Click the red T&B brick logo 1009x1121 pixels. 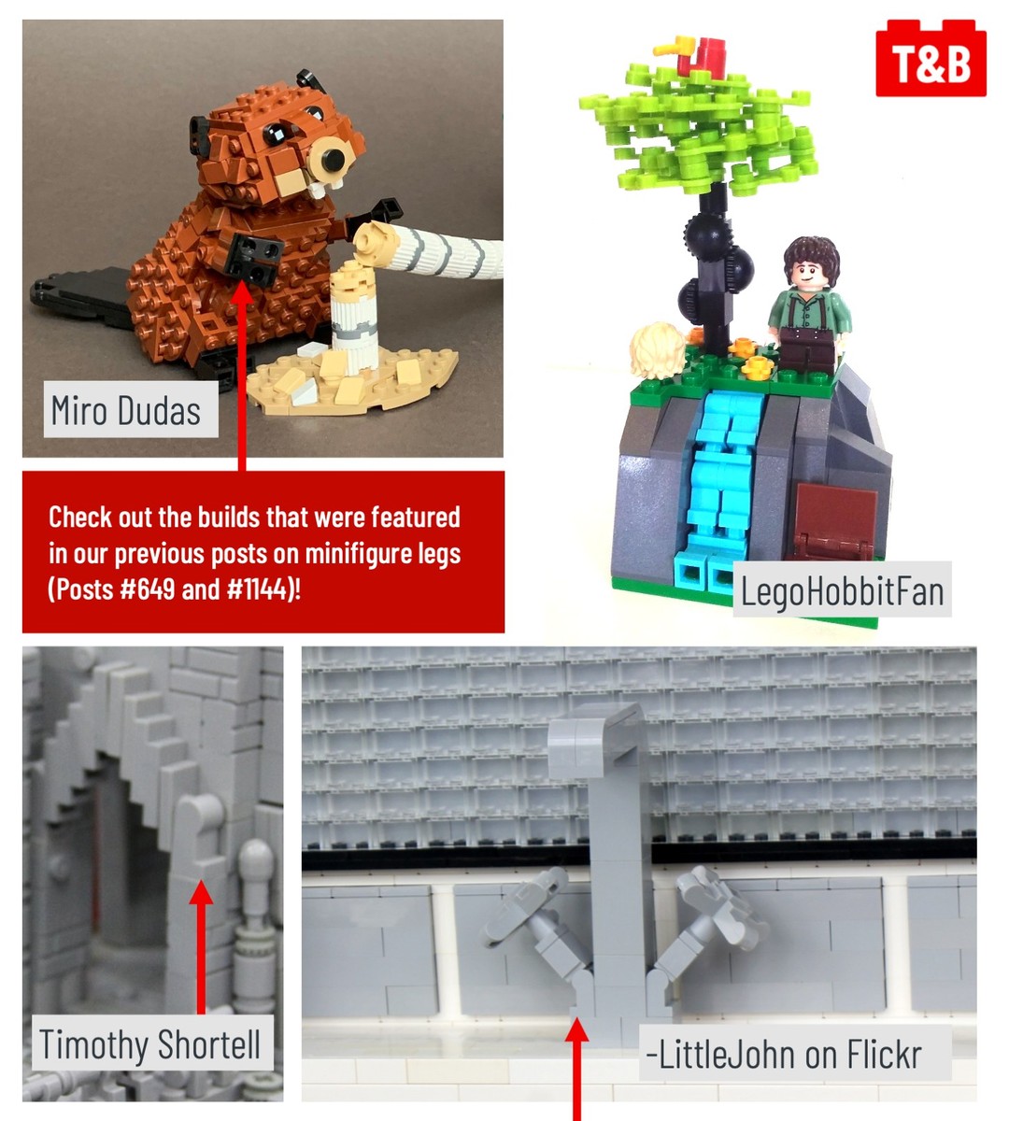[931, 58]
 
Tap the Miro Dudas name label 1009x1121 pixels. [130, 409]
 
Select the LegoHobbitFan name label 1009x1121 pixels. [842, 589]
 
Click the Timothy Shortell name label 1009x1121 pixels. [149, 1043]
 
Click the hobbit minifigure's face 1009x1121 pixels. [805, 275]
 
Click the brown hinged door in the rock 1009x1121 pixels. [833, 522]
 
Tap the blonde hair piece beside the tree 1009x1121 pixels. [658, 349]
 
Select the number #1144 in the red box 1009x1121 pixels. [257, 589]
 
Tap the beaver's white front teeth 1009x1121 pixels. [325, 187]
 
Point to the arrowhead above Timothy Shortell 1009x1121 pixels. [201, 892]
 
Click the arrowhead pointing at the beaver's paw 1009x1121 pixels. [241, 292]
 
